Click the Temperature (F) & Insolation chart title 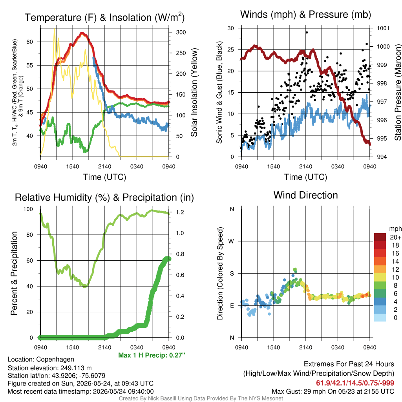point(104,17)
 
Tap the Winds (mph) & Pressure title point(305,15)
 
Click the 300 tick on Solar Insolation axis point(181,32)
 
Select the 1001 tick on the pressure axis point(383,28)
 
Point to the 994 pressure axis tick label point(382,157)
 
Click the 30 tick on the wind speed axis point(230,28)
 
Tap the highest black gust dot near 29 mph point(307,33)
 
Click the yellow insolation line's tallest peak point(54,29)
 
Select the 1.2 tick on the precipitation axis point(180,212)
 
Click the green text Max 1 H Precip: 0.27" point(152,355)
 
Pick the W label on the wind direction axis point(231,241)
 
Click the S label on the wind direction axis point(232,274)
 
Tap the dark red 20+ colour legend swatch point(380,237)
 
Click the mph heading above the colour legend point(395,229)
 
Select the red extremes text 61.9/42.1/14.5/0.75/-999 point(355,383)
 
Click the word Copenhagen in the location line point(55,359)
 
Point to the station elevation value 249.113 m point(76,368)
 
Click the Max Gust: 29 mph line point(333,391)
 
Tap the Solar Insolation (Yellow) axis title point(194,92)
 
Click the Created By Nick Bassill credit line point(201,398)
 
